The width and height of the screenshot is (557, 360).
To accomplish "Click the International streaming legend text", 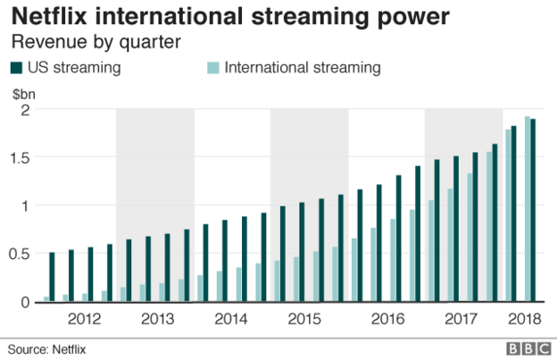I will [x=303, y=67].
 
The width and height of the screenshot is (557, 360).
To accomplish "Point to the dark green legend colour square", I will [x=15, y=67].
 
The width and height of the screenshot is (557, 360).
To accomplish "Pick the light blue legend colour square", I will [x=212, y=67].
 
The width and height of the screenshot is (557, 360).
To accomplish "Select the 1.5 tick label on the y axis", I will [x=20, y=157].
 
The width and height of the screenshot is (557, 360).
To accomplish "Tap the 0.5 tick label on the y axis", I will [x=20, y=254].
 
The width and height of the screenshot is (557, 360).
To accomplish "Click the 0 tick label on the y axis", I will [x=24, y=302].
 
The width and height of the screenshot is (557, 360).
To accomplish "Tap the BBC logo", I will [x=527, y=347].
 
